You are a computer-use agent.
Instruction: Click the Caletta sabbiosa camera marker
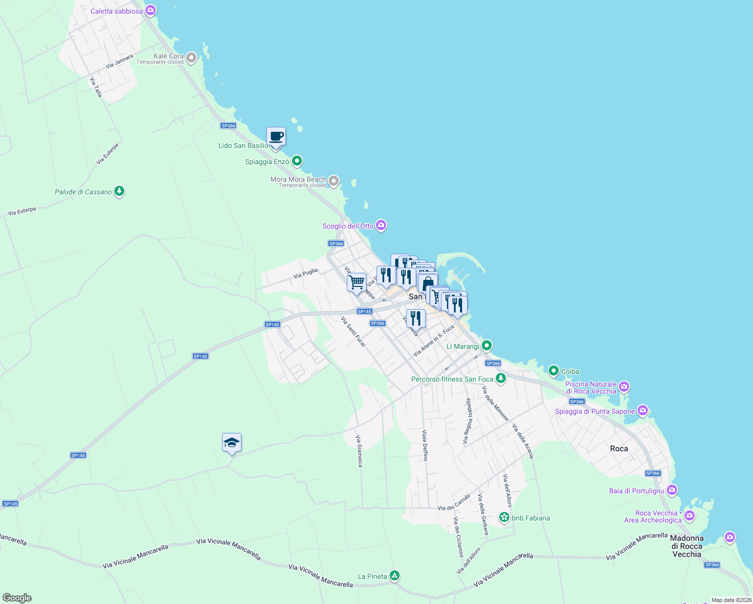pyautogui.click(x=150, y=11)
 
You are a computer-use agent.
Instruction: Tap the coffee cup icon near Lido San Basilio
pyautogui.click(x=276, y=136)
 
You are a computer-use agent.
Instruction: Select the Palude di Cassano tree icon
pyautogui.click(x=119, y=191)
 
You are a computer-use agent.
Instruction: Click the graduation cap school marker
pyautogui.click(x=232, y=442)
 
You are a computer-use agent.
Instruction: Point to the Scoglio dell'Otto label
pyautogui.click(x=348, y=226)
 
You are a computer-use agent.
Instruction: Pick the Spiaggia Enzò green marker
pyautogui.click(x=297, y=161)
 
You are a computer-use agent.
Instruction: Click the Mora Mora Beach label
pyautogui.click(x=298, y=179)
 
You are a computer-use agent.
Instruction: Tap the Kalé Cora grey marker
pyautogui.click(x=191, y=58)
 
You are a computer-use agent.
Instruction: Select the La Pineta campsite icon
pyautogui.click(x=395, y=576)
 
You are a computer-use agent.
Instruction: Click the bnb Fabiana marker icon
pyautogui.click(x=504, y=517)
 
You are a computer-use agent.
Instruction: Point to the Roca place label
pyautogui.click(x=619, y=448)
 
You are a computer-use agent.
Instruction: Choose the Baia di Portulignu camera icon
pyautogui.click(x=672, y=490)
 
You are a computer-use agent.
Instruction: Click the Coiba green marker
pyautogui.click(x=554, y=371)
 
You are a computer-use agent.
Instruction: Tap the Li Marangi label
pyautogui.click(x=463, y=346)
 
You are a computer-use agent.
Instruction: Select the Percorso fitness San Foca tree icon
pyautogui.click(x=500, y=379)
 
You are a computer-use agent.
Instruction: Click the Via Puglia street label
pyautogui.click(x=306, y=273)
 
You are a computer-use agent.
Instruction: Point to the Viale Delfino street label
pyautogui.click(x=425, y=445)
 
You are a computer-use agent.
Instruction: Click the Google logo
pyautogui.click(x=17, y=598)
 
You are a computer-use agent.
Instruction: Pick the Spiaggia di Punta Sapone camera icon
pyautogui.click(x=643, y=411)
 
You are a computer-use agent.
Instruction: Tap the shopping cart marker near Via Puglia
pyautogui.click(x=356, y=282)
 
